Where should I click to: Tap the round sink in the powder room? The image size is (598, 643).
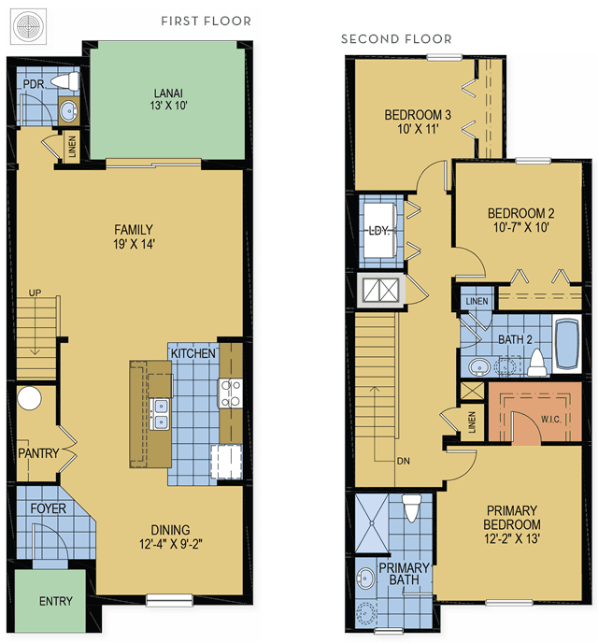tap(68, 110)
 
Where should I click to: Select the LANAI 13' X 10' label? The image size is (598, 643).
tap(168, 99)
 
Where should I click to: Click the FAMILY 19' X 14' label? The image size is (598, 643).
tap(134, 236)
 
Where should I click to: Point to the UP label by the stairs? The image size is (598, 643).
tap(35, 293)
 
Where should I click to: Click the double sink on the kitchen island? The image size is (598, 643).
tap(160, 414)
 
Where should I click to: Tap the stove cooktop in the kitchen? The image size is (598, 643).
tap(231, 393)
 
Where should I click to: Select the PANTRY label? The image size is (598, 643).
tap(38, 453)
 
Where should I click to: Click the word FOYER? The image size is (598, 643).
tap(48, 508)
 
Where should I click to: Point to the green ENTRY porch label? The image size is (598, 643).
tap(56, 601)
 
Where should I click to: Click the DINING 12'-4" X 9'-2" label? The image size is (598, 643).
tap(170, 536)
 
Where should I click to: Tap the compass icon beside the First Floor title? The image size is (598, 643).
tap(28, 27)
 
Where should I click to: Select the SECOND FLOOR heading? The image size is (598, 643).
tap(396, 39)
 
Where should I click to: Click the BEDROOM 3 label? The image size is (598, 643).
tap(418, 121)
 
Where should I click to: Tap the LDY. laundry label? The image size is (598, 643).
tap(379, 231)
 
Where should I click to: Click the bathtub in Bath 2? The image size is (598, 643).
tap(567, 344)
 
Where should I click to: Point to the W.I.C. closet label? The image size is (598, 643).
tap(550, 419)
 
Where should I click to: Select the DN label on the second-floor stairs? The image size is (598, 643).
tap(404, 461)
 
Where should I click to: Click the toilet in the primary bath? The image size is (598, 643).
tap(411, 507)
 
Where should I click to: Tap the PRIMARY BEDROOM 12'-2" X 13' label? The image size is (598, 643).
tap(512, 524)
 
